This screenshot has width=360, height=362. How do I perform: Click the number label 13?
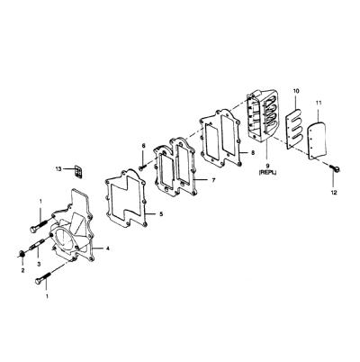click(x=58, y=169)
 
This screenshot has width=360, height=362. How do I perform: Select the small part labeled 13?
click(x=78, y=171)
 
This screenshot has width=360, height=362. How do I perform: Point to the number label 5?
click(x=161, y=214)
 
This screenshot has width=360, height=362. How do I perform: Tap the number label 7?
click(x=213, y=180)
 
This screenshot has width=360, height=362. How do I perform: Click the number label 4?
click(x=107, y=249)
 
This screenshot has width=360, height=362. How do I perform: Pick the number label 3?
click(x=39, y=264)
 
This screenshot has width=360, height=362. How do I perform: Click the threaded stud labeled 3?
click(x=38, y=243)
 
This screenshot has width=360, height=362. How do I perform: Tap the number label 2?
click(x=22, y=270)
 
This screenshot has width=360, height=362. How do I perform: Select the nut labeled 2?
click(x=22, y=254)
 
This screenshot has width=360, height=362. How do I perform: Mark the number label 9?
click(x=267, y=166)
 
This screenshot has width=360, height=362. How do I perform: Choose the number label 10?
click(x=296, y=91)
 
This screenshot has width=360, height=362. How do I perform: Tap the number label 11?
click(x=319, y=103)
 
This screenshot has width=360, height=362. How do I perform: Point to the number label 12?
click(x=334, y=193)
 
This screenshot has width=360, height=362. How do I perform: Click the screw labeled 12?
click(x=335, y=168)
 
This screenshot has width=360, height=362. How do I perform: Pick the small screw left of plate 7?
click(x=142, y=166)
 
